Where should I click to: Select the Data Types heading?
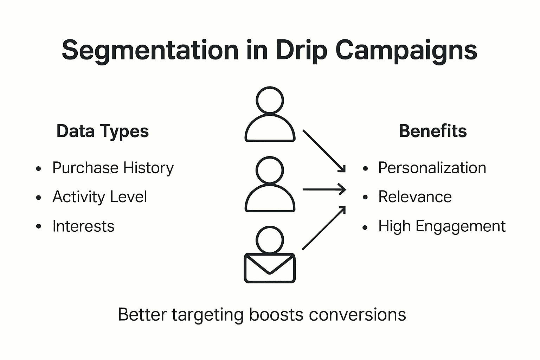click(x=103, y=131)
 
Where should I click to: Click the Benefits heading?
click(x=433, y=131)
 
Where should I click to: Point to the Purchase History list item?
click(x=113, y=168)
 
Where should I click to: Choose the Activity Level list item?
click(x=99, y=197)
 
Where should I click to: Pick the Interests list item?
click(x=83, y=226)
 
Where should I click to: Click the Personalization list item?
click(x=432, y=168)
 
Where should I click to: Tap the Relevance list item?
click(x=415, y=197)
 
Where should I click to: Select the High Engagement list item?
click(x=442, y=226)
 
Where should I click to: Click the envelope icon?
click(x=270, y=268)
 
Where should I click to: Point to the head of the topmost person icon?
click(x=270, y=100)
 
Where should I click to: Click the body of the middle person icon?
click(x=270, y=199)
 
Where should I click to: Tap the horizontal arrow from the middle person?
click(x=324, y=189)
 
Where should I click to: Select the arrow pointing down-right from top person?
click(x=324, y=151)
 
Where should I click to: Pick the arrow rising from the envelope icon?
click(x=324, y=228)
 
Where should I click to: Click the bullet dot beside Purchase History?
click(x=39, y=169)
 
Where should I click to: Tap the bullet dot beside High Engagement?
click(x=365, y=227)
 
